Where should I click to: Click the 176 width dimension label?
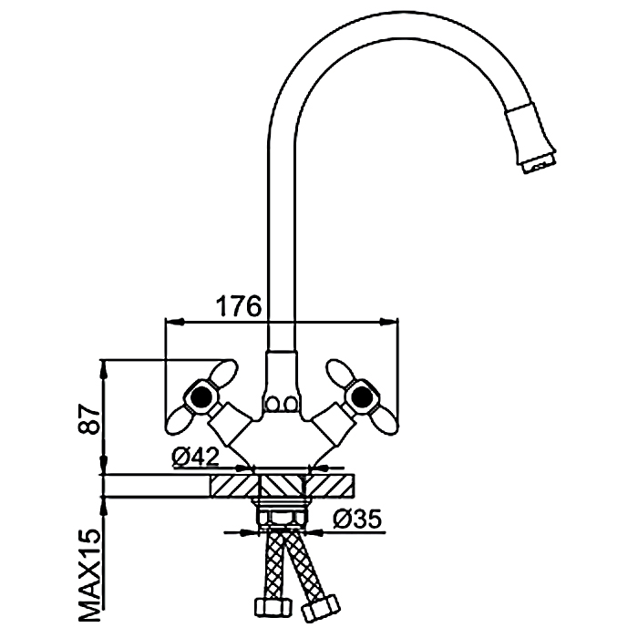pos(238,306)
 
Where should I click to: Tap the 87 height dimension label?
pos(89,419)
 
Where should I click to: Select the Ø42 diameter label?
pos(195,458)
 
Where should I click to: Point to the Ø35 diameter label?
pos(357,519)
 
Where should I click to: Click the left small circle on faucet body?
pos(271,405)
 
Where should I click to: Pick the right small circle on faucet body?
pos(291,405)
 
